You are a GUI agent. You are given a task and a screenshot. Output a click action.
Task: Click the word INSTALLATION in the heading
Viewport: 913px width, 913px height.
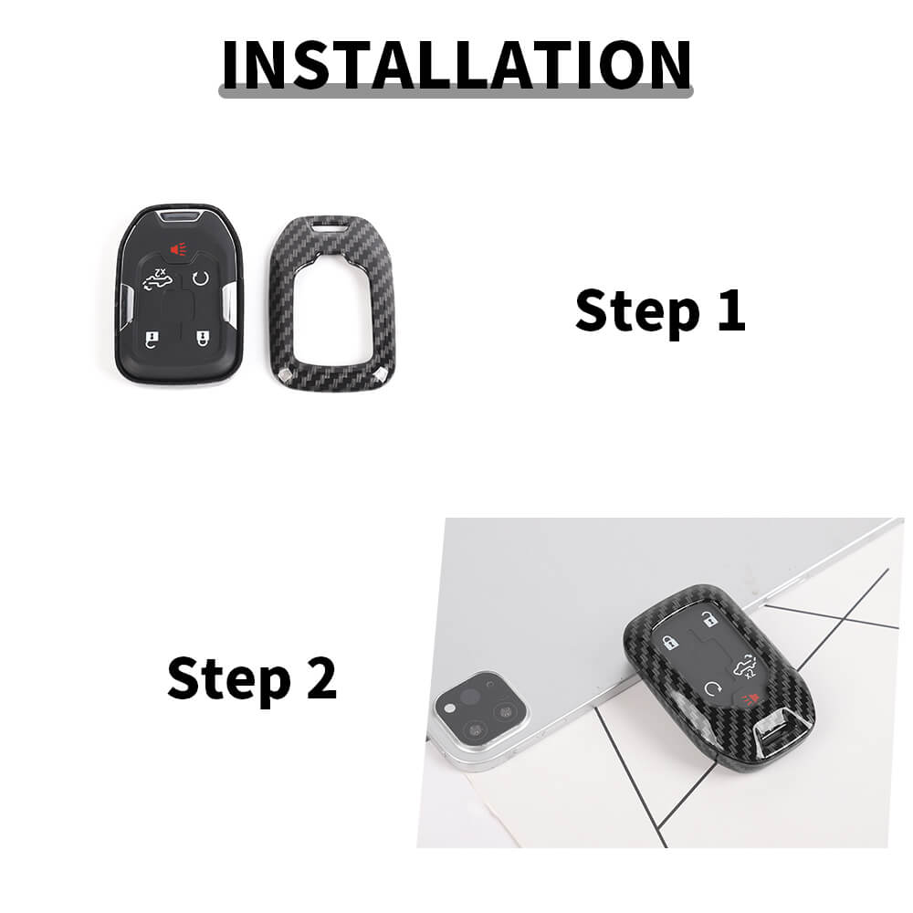[456, 65]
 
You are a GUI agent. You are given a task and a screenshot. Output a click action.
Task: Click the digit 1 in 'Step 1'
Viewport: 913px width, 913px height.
[732, 310]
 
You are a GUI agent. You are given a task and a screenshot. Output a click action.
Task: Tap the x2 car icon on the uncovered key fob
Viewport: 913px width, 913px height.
[158, 280]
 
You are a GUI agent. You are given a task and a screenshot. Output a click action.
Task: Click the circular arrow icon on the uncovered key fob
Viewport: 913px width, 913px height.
[201, 278]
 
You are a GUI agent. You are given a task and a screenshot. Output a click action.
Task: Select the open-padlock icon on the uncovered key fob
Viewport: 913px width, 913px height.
[152, 340]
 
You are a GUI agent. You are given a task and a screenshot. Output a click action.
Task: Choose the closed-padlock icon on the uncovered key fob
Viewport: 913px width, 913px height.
[203, 338]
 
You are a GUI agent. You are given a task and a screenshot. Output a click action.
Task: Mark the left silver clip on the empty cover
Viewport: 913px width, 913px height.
[285, 375]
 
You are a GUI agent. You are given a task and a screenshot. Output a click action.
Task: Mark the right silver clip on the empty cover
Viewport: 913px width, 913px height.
[382, 374]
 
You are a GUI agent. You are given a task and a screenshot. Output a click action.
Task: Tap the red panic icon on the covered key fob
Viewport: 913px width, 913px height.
[750, 698]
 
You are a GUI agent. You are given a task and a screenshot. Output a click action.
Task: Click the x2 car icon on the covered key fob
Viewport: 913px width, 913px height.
[745, 667]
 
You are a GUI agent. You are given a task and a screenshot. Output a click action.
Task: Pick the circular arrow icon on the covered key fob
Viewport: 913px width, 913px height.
[713, 689]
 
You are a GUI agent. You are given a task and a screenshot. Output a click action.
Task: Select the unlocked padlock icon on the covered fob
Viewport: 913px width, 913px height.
[708, 619]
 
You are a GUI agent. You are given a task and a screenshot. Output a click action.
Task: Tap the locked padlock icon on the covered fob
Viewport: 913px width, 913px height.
[670, 643]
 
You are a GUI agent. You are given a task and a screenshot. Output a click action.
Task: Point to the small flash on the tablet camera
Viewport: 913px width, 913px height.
[449, 708]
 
